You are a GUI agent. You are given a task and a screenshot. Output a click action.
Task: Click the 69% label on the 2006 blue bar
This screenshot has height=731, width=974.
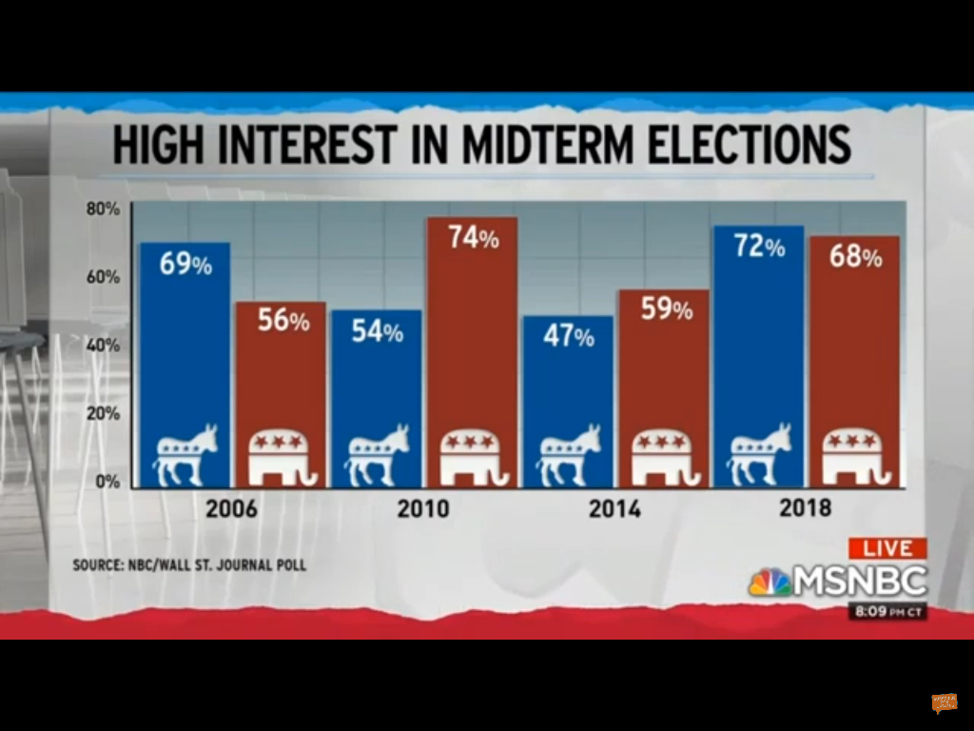coord(185,265)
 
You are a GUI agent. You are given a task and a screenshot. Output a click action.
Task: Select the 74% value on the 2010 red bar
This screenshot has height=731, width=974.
coord(474,238)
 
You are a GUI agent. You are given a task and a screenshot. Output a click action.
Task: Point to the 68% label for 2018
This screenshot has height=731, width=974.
coord(856,257)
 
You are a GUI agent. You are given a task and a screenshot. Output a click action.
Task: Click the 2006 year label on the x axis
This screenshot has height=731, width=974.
coord(231,508)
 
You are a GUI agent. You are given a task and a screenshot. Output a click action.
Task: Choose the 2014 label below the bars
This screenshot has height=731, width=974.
coord(614,508)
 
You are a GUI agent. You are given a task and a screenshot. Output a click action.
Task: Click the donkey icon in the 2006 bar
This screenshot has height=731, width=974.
coord(186,454)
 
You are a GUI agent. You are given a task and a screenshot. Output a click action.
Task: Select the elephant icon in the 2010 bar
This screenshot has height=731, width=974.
coord(472,455)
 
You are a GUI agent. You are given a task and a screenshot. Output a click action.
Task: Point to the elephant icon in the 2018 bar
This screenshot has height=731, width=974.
coord(854,454)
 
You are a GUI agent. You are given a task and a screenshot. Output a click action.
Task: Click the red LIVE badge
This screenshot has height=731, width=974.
coord(887,549)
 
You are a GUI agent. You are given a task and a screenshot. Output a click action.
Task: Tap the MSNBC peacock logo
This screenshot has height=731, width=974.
coord(769,582)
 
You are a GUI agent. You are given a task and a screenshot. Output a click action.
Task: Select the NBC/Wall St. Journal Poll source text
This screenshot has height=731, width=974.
coord(189,565)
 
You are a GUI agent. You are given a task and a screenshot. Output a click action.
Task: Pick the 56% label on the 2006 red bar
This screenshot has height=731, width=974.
coord(283,321)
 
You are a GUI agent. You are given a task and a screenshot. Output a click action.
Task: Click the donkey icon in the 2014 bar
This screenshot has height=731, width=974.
coord(569,454)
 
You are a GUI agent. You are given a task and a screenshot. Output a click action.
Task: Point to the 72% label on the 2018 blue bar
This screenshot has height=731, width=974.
coord(759,247)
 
